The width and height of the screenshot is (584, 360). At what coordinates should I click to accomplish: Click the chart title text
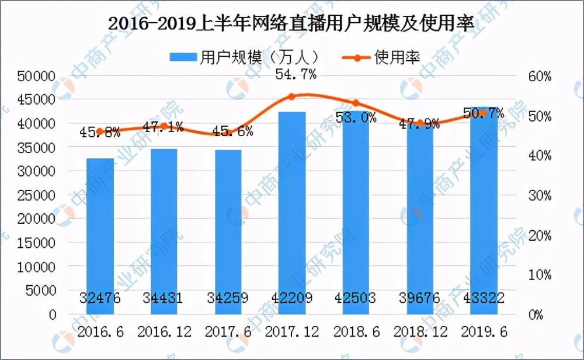290,24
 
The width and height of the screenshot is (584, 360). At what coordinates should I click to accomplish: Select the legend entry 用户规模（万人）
245,57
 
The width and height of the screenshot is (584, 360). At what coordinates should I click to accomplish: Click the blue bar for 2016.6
100,234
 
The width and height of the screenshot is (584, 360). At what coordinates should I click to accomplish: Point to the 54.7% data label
292,74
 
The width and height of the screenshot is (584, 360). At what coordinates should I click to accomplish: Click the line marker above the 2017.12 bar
292,96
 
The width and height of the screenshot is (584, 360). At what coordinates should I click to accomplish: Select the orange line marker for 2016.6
100,132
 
